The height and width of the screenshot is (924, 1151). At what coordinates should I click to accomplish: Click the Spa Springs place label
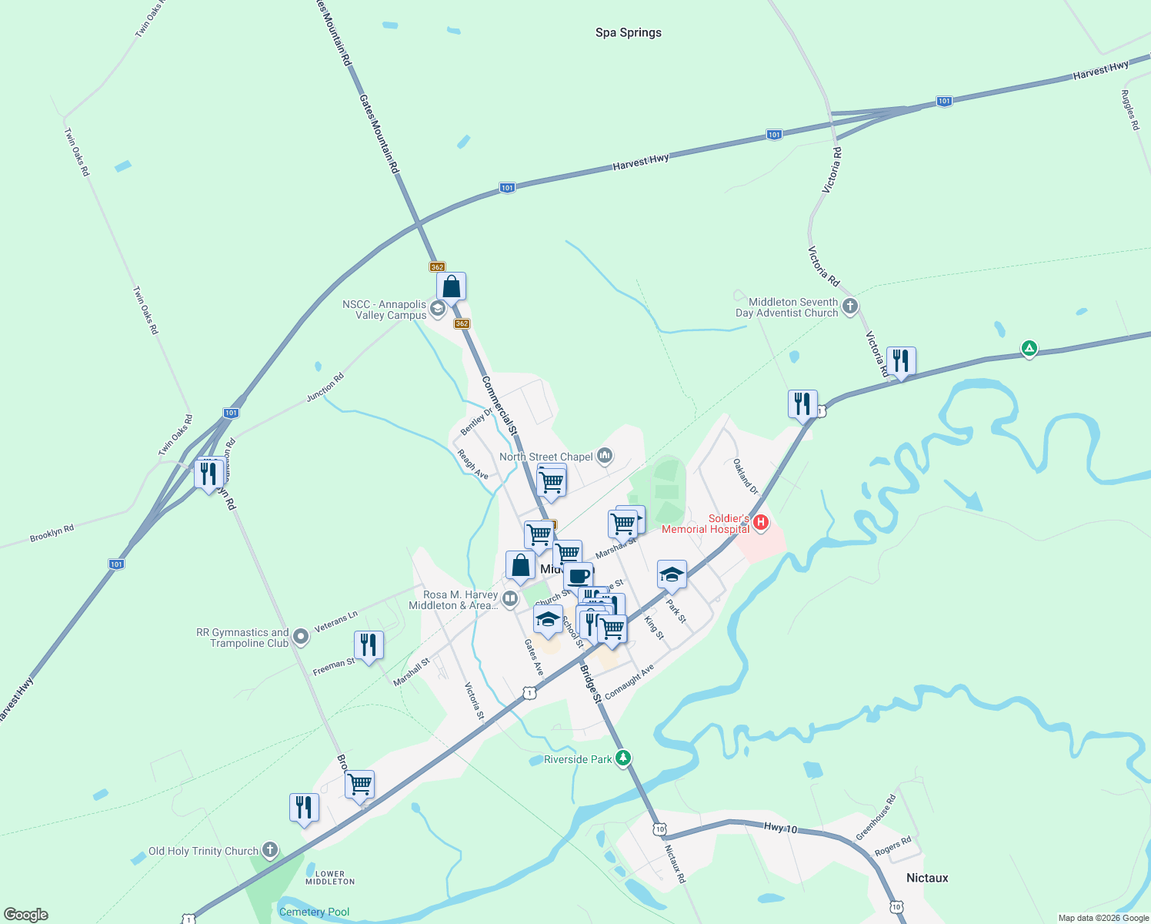(628, 32)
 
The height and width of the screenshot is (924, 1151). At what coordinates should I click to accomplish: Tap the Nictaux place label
(926, 878)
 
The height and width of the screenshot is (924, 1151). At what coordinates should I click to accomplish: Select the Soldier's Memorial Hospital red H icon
(761, 523)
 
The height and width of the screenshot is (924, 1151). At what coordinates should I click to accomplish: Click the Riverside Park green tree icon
(624, 758)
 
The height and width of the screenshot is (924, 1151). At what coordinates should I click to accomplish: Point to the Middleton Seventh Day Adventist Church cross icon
(849, 306)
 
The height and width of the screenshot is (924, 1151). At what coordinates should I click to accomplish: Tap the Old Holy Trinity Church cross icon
(269, 850)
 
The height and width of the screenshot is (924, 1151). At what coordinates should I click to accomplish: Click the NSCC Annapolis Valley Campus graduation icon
(438, 310)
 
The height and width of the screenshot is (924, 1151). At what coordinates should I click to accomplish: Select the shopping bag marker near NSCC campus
(451, 287)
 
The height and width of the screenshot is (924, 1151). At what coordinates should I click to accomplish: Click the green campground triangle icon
(1029, 349)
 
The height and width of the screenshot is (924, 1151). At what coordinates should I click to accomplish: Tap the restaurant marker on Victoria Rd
(900, 360)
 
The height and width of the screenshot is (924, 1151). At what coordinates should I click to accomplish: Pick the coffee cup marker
(578, 576)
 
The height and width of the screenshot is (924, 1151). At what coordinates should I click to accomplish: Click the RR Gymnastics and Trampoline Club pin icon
(301, 637)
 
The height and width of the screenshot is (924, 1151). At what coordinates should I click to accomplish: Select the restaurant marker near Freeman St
(369, 644)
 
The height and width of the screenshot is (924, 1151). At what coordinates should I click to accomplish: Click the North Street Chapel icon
(605, 457)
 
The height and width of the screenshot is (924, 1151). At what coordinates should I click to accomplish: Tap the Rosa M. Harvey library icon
(509, 598)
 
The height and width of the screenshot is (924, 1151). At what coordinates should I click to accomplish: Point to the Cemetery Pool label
(314, 912)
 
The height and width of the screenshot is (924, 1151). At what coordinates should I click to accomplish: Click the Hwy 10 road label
(780, 828)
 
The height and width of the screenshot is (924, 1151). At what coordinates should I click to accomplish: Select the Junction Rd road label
(325, 387)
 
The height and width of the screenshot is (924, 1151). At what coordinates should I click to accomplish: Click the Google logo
(26, 914)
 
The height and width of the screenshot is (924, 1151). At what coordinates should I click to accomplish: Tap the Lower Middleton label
(330, 878)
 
